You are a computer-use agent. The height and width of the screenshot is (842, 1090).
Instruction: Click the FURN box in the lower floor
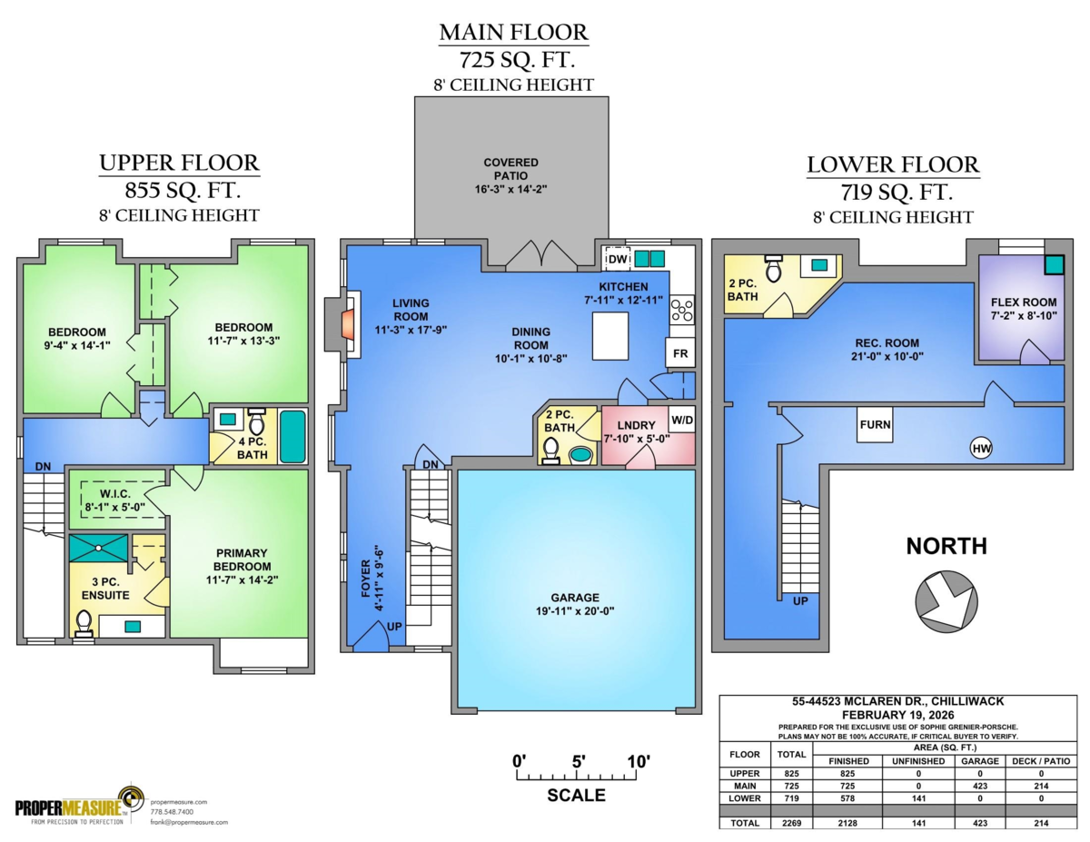coord(876,425)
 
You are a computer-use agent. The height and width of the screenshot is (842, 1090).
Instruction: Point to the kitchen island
coord(610,336)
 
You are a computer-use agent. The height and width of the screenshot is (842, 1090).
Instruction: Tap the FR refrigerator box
coord(679,353)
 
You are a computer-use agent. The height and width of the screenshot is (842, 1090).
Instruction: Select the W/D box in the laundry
coord(681,421)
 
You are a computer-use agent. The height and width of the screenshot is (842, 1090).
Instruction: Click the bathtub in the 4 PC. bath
coord(292,436)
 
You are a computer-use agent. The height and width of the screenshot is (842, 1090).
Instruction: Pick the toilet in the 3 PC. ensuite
coord(84,622)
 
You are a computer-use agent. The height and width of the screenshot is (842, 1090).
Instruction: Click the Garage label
coord(574,598)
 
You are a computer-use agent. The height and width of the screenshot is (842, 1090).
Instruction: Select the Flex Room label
coord(1022,302)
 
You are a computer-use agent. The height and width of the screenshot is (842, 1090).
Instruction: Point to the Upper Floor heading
coord(179,163)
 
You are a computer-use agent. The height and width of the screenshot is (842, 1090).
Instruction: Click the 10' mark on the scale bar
coord(633,762)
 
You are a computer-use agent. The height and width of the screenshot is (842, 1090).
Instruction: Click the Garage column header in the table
coord(977,760)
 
